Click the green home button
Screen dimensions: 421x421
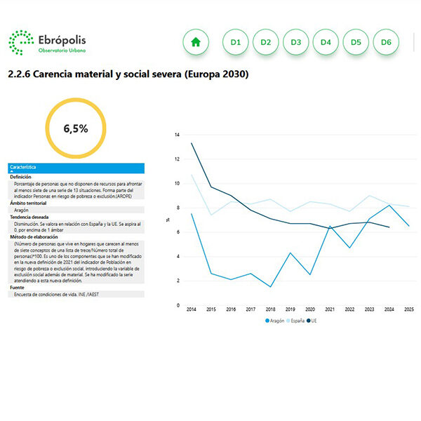coord(196,42)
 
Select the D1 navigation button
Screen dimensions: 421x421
coord(236,42)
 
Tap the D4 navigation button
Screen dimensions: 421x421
coord(326,42)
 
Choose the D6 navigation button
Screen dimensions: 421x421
coord(386,42)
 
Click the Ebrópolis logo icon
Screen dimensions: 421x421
coord(21,42)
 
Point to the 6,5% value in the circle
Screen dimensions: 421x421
coord(76,128)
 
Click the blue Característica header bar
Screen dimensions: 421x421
coord(76,168)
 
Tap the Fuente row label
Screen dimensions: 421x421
coord(18,288)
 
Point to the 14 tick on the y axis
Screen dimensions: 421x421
coord(178,135)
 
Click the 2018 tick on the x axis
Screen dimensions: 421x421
coord(270,309)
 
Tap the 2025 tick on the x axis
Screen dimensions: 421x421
coord(408,309)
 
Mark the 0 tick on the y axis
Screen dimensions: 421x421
coord(178,305)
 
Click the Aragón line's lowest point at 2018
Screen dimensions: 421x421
coord(270,286)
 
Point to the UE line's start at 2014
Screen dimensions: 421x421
coord(192,143)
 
